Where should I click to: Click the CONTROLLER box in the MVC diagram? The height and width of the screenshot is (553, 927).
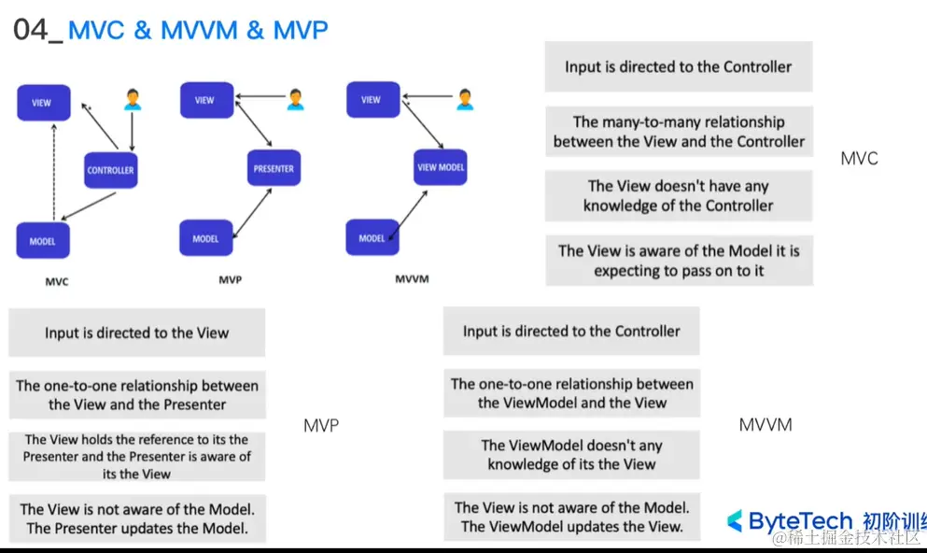click(x=110, y=170)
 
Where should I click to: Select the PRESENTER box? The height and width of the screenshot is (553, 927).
click(x=274, y=169)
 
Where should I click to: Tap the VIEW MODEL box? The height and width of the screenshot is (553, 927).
click(x=441, y=168)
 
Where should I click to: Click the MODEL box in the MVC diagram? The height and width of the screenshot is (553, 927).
click(x=43, y=241)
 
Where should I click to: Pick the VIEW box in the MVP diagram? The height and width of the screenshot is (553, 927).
click(x=205, y=100)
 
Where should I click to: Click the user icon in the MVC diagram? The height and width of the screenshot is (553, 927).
click(x=133, y=99)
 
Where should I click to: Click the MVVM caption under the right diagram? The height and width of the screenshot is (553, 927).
click(x=412, y=278)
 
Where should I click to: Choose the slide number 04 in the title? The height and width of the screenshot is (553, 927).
click(x=31, y=30)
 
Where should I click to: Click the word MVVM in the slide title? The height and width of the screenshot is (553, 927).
click(x=199, y=30)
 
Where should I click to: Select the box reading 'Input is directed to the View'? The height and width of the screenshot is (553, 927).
click(x=136, y=333)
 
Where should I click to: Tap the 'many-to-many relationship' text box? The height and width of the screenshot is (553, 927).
click(x=679, y=132)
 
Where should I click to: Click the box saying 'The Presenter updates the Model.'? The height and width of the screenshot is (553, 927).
click(x=137, y=518)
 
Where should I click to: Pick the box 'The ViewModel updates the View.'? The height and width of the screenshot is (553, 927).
click(x=571, y=517)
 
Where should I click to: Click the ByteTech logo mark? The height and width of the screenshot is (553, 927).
click(x=735, y=520)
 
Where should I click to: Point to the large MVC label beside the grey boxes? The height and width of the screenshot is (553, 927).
click(x=859, y=159)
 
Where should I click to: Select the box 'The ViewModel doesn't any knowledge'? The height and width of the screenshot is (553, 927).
click(x=571, y=455)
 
